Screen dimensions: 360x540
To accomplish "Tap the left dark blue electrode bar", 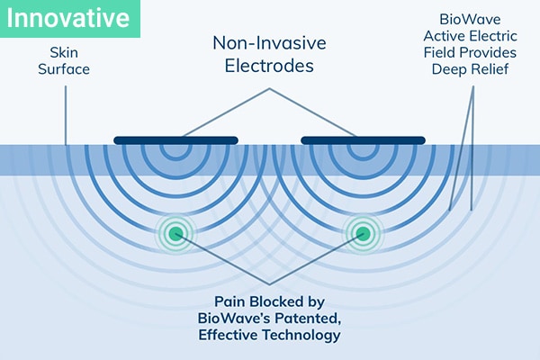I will click(x=176, y=139).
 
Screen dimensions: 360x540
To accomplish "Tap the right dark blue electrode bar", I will click(x=363, y=139).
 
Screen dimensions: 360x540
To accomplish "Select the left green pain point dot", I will click(x=176, y=234).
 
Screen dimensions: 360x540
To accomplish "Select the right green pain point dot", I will click(x=363, y=234).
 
